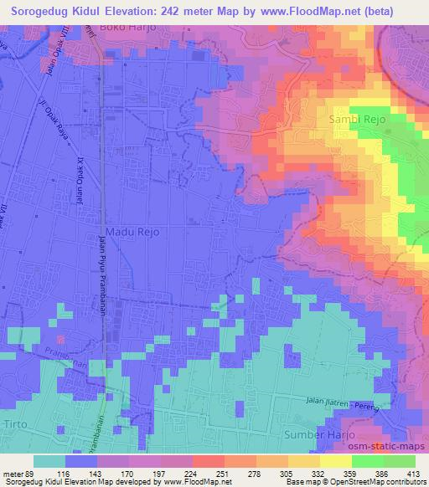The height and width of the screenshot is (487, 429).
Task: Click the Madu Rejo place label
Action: tap(132, 231)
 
